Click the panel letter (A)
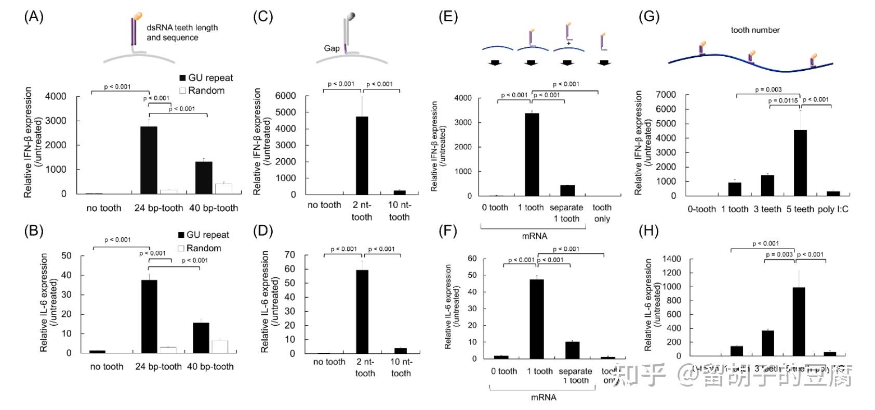coord(34,17)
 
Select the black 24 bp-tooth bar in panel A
coord(149,160)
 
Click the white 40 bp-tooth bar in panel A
coord(223,188)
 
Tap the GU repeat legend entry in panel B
coord(203,235)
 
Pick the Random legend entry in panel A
coord(202,91)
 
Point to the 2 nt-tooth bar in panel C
coord(362,156)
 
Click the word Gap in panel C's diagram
coord(332,48)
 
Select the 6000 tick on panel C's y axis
coord(286,96)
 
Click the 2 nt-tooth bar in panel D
coord(362,312)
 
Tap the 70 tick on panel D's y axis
coord(289,255)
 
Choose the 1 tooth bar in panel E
coord(532,154)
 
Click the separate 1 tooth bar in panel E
coord(567,190)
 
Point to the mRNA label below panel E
coord(534,236)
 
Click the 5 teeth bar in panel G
coord(800,163)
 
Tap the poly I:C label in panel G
coord(833,209)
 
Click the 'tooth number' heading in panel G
coord(755,30)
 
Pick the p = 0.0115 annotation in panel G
coord(783,100)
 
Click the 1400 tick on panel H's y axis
coord(670,259)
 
